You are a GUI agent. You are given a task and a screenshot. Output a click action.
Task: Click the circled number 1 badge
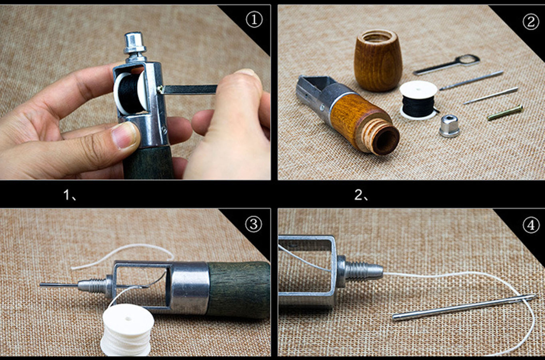[254, 20]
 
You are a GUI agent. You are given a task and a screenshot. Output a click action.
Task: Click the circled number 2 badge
[530, 22]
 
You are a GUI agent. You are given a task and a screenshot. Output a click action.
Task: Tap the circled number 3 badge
[254, 224]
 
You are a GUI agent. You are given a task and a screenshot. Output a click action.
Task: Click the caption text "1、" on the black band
[70, 195]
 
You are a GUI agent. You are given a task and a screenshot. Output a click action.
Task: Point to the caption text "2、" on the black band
[362, 195]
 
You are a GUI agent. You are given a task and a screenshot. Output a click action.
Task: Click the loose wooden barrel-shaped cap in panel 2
[378, 60]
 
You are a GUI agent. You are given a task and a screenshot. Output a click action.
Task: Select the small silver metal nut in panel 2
[449, 126]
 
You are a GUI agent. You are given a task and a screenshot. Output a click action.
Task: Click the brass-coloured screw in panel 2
[505, 113]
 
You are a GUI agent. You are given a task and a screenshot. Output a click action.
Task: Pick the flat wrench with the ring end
[447, 65]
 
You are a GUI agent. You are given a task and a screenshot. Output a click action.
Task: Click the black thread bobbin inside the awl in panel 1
[130, 93]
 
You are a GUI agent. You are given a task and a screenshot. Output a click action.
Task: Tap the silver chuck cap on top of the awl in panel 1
[134, 47]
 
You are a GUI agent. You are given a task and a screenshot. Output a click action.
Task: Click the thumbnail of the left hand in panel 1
[124, 135]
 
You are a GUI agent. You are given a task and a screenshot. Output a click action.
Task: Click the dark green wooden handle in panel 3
[239, 290]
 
